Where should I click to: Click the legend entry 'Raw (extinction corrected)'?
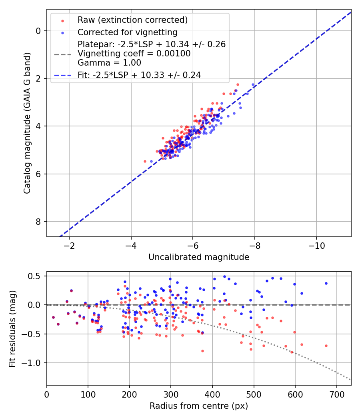click(x=132, y=20)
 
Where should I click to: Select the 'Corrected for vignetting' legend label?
click(x=127, y=32)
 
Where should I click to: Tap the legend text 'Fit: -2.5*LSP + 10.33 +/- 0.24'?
click(x=139, y=74)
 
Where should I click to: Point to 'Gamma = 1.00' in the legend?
click(x=109, y=62)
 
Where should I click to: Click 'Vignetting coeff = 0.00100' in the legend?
click(x=134, y=53)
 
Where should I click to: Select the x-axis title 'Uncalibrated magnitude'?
click(x=199, y=257)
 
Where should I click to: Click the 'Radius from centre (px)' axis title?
click(x=199, y=406)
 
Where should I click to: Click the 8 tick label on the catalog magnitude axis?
click(x=38, y=222)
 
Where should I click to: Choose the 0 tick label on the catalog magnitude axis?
click(x=38, y=31)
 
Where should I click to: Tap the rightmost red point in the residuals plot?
click(x=326, y=346)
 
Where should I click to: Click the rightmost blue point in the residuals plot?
click(x=326, y=283)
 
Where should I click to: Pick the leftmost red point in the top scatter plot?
click(x=145, y=161)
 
